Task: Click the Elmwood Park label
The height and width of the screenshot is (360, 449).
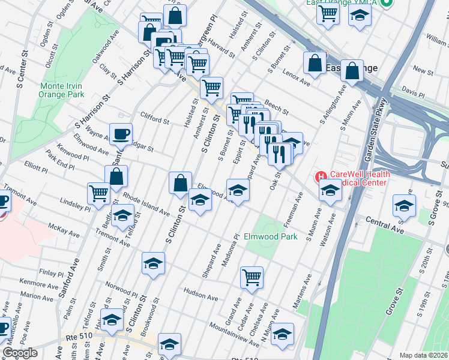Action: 271,237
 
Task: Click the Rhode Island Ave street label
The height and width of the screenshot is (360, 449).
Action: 146,203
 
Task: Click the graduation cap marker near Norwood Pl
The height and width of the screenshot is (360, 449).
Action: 153,263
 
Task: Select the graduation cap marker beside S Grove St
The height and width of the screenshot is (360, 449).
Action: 404,206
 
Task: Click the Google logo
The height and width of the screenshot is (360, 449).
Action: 20,353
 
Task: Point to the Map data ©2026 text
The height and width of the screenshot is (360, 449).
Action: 423,355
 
